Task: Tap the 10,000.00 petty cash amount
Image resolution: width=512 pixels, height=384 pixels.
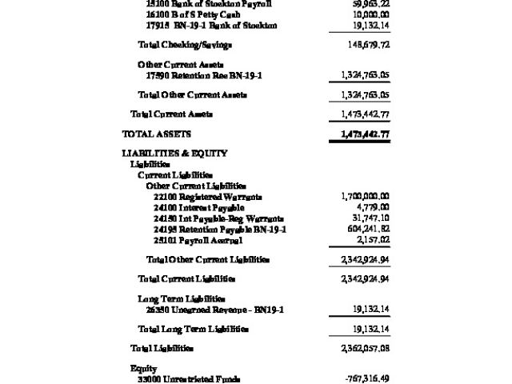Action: pyautogui.click(x=367, y=14)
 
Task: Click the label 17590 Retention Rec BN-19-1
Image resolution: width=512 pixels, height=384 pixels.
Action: pyautogui.click(x=204, y=75)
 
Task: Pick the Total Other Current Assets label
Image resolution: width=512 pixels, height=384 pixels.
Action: pyautogui.click(x=192, y=94)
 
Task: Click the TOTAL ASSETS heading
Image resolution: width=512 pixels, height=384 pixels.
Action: pyautogui.click(x=156, y=134)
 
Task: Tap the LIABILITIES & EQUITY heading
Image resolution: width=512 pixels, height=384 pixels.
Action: pyautogui.click(x=174, y=153)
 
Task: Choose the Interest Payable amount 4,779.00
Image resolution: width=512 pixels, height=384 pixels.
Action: pyautogui.click(x=372, y=207)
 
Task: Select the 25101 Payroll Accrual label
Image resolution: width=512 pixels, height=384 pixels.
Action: pyautogui.click(x=198, y=240)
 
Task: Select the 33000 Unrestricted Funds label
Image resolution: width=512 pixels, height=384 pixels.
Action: pyautogui.click(x=188, y=379)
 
